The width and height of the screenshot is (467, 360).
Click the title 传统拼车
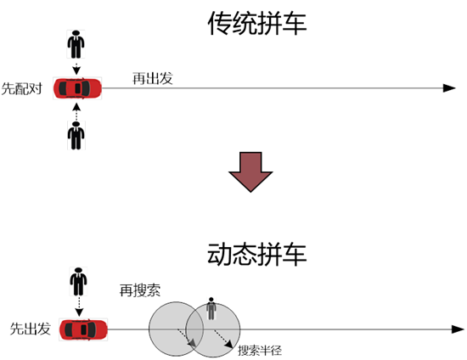[x=257, y=23]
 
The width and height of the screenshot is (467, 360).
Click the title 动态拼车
[x=257, y=254]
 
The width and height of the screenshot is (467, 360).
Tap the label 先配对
[x=22, y=88]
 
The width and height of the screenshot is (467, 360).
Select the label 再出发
[x=153, y=78]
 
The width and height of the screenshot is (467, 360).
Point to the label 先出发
[x=30, y=329]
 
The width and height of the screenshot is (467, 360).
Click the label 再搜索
[x=140, y=290]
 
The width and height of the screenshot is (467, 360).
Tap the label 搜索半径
[x=260, y=350]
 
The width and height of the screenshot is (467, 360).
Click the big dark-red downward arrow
[x=250, y=172]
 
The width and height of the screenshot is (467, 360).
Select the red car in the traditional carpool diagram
[x=77, y=88]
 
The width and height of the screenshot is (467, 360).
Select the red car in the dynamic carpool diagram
[x=83, y=329]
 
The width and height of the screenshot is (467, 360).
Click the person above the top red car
[x=76, y=44]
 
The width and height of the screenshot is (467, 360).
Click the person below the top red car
[x=76, y=135]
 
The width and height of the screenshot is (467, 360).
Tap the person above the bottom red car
[x=78, y=281]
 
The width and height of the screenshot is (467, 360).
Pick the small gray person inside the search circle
[x=211, y=308]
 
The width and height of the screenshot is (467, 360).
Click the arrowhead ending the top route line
[x=449, y=88]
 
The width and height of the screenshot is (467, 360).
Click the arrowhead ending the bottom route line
[x=458, y=329]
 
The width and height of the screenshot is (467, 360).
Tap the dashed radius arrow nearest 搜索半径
[x=223, y=339]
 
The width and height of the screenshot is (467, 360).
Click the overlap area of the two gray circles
[x=194, y=329]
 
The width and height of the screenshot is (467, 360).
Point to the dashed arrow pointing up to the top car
[x=76, y=112]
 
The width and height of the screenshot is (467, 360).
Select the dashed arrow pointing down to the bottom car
[x=79, y=307]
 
